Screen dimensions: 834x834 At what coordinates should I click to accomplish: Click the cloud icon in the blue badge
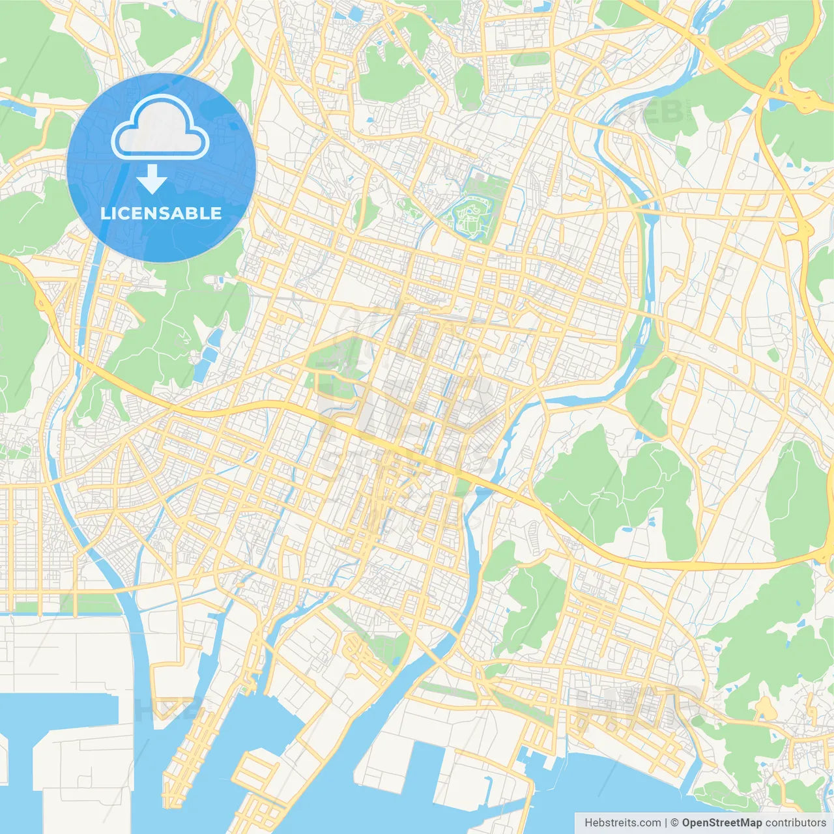(160, 128)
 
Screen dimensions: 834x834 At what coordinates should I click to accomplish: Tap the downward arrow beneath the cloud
(152, 179)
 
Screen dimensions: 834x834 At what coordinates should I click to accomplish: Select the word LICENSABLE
(161, 214)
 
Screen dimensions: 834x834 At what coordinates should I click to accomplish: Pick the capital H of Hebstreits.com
(588, 823)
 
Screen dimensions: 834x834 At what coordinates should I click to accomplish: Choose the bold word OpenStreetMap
(722, 823)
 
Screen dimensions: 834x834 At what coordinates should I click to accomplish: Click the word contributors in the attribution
(796, 823)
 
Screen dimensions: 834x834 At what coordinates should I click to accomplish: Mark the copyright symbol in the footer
(675, 823)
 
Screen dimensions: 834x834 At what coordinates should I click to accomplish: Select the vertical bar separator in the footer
(666, 823)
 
